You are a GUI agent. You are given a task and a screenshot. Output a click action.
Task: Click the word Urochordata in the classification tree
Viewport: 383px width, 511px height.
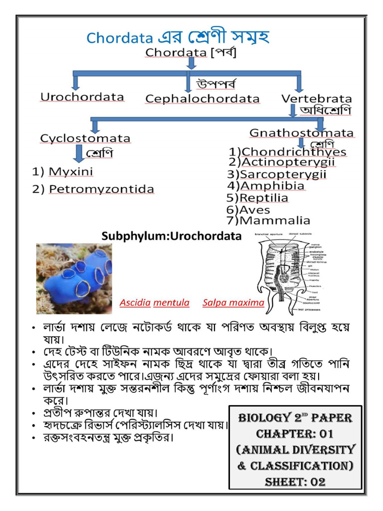point(82,97)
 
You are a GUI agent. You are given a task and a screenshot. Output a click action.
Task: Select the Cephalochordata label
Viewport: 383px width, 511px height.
point(202,99)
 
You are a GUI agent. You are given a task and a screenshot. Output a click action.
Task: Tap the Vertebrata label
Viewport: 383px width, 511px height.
point(316,99)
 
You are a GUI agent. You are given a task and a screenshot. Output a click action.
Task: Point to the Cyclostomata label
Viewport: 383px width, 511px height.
point(85,138)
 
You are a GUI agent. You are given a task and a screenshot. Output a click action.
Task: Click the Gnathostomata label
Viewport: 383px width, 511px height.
point(302,133)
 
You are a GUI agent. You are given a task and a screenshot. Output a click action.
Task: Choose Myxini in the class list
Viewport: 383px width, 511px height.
point(71,172)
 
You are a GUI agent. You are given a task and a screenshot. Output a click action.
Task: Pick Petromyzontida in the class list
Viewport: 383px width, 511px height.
point(101,190)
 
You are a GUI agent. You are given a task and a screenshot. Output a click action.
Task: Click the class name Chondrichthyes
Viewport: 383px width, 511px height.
point(294,152)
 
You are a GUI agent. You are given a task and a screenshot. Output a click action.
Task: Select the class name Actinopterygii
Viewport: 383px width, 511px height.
point(288,162)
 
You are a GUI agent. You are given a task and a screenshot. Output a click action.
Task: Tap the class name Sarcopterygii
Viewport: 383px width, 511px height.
point(283,174)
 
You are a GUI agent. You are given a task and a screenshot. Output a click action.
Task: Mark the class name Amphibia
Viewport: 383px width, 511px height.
point(272,186)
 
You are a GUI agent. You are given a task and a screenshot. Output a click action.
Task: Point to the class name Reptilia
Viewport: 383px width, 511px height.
point(264,198)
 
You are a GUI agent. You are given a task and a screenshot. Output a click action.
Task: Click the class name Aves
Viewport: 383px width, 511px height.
point(255,210)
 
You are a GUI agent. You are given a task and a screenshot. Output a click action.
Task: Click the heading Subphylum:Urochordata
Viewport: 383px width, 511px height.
point(171,236)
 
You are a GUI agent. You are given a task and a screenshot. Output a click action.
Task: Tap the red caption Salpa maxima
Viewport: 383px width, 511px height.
point(233,302)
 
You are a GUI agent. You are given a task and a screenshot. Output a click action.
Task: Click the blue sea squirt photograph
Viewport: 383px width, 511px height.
point(74,278)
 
